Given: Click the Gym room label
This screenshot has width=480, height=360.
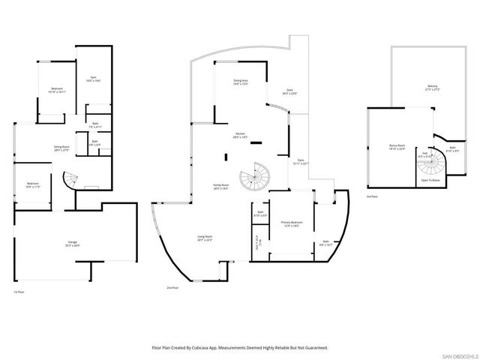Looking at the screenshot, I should (x=93, y=78).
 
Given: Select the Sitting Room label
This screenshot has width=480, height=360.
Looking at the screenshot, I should (x=61, y=148).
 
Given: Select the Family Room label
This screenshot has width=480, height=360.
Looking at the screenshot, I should (x=221, y=187).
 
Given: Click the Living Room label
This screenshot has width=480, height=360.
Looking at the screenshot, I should (x=204, y=238).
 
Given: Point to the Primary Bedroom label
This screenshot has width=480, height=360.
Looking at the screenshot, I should (x=292, y=223).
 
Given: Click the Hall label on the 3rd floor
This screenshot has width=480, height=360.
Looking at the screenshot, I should (x=424, y=154).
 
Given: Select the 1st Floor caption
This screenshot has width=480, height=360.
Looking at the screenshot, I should (x=19, y=292).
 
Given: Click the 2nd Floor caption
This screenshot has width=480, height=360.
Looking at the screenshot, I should (x=173, y=288).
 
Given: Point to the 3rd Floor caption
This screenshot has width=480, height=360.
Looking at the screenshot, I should (x=372, y=196).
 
